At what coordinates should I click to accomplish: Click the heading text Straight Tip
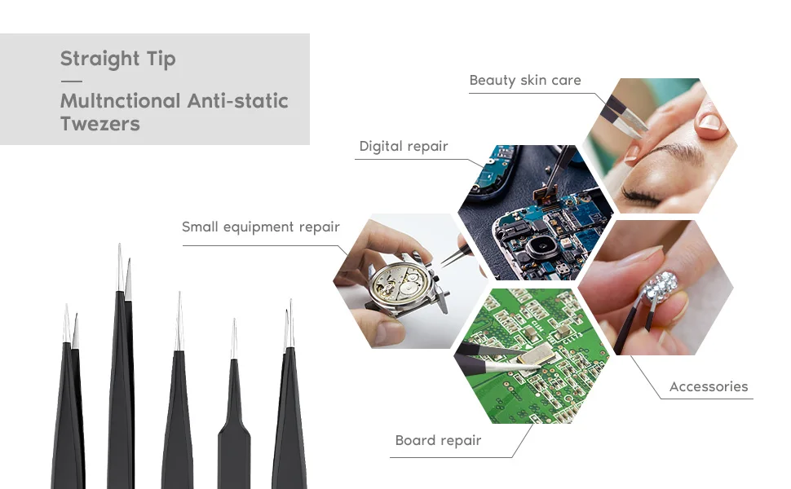point(118,59)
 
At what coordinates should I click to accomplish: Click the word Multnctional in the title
point(120,101)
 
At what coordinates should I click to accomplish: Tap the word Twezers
point(99,124)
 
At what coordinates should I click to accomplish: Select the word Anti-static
point(237,101)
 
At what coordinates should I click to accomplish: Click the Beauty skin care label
point(525,81)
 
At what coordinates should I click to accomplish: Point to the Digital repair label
point(404,147)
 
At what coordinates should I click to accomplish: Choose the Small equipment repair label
point(261,227)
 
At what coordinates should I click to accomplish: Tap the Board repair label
point(439,441)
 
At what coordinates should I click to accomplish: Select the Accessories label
point(709,386)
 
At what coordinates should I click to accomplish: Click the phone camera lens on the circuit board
point(541,247)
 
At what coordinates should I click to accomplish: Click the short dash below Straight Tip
point(72,81)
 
